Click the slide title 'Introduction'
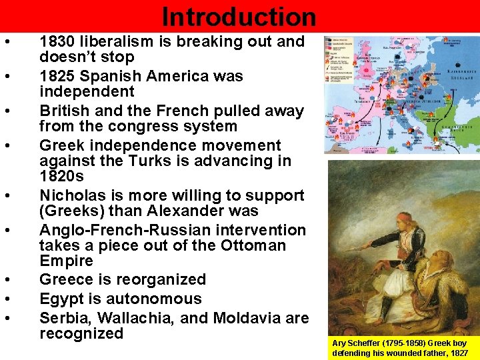pos(239,17)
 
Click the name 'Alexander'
pos(219,211)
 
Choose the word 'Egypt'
pos(63,299)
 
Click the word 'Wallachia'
pos(137,318)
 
